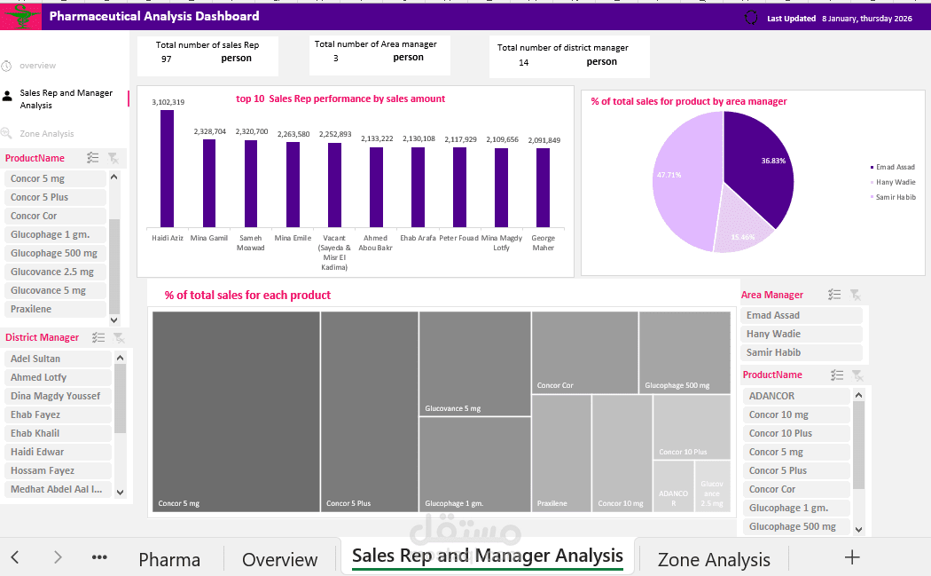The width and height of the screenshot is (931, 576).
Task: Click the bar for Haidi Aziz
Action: click(x=167, y=169)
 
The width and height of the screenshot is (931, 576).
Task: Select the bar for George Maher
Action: click(x=543, y=187)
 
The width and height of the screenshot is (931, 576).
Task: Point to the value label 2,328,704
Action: click(x=209, y=131)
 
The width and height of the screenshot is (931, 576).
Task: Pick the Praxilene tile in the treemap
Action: click(x=561, y=453)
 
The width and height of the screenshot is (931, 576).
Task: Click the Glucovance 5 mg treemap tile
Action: click(x=474, y=363)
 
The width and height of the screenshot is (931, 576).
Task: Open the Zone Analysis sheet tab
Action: click(x=713, y=559)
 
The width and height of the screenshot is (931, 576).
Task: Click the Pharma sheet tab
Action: click(x=169, y=559)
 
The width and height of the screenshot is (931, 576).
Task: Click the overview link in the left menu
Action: click(x=37, y=66)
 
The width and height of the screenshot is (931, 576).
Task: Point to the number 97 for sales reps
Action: click(x=167, y=59)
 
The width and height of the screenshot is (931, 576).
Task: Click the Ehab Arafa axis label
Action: click(x=418, y=238)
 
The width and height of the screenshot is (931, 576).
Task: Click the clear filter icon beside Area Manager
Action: click(x=855, y=295)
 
